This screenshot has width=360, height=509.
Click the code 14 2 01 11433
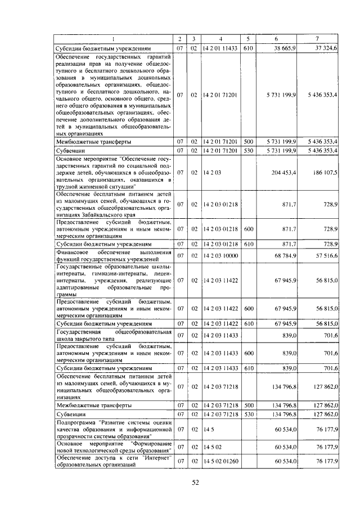pyautogui.click(x=220, y=49)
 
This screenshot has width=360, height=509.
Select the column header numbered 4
pyautogui.click(x=220, y=38)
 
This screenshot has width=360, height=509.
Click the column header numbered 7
pyautogui.click(x=318, y=38)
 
